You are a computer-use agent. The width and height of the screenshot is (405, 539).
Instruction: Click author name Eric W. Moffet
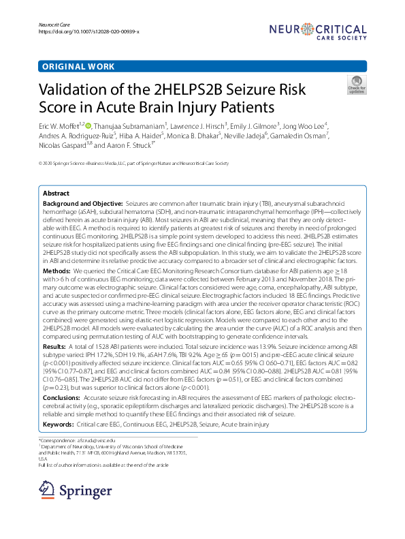click(x=58, y=126)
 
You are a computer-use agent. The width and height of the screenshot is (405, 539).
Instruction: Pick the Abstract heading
click(x=56, y=194)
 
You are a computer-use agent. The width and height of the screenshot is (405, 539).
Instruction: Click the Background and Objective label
click(x=82, y=204)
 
